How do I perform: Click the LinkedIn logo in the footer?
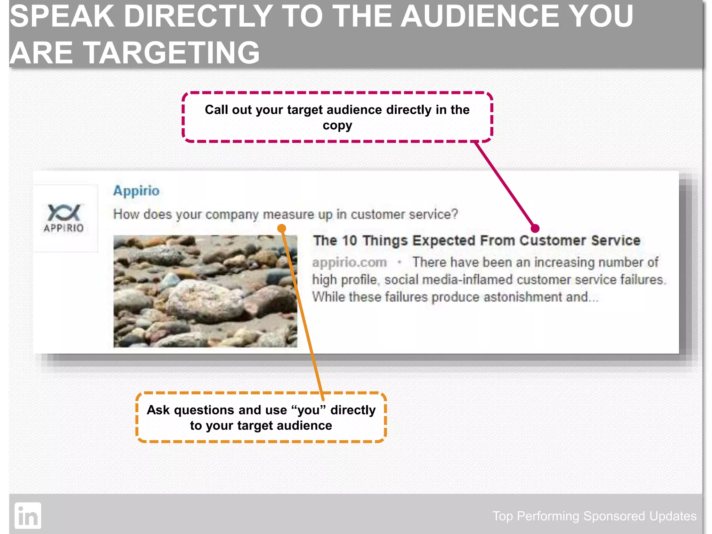28,516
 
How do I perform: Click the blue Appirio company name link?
136,191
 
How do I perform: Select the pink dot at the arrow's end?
535,228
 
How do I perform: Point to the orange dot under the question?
282,228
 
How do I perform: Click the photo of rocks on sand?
205,291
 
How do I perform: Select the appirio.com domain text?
349,262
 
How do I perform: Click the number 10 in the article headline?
349,241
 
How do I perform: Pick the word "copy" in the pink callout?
337,126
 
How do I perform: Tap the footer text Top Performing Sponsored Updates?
594,516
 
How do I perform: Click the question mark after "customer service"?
454,214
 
